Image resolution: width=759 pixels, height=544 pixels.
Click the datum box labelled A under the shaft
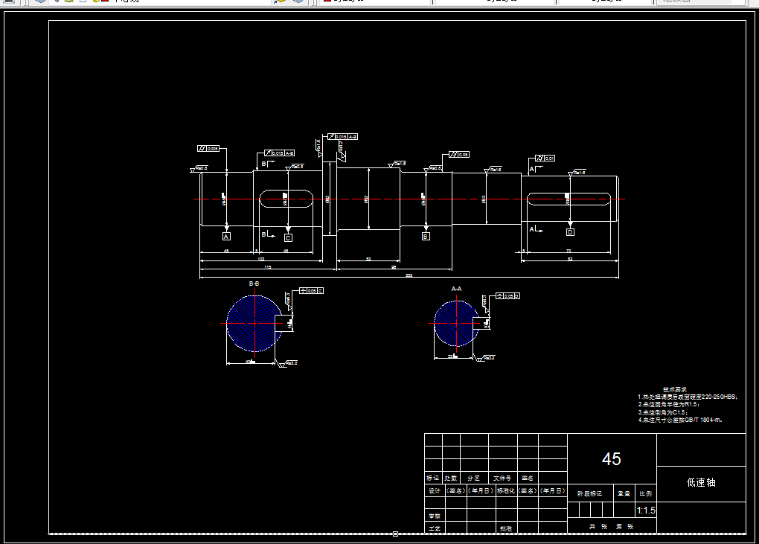coord(227,236)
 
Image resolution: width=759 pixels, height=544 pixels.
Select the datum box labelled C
coord(288,238)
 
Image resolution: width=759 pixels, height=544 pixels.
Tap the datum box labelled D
coord(570,232)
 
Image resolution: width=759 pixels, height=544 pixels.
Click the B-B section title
coord(254,284)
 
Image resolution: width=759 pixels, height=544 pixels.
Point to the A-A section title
coord(456,288)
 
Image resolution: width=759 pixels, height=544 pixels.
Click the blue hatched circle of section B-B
coord(254,323)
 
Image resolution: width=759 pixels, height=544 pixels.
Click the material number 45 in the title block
coord(612,459)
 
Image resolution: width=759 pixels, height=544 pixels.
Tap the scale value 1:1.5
coord(646,511)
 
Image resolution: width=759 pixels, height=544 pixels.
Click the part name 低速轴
coord(700,482)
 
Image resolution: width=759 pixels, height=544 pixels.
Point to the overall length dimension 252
coord(409,275)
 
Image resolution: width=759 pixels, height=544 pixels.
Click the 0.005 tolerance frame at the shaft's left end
coord(208,149)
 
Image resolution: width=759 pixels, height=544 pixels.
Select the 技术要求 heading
coord(675,389)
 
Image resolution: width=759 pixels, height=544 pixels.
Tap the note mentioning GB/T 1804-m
coord(680,420)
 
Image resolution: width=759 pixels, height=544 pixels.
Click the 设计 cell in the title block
coord(433,491)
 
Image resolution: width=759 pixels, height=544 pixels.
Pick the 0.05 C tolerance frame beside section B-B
coord(311,291)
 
